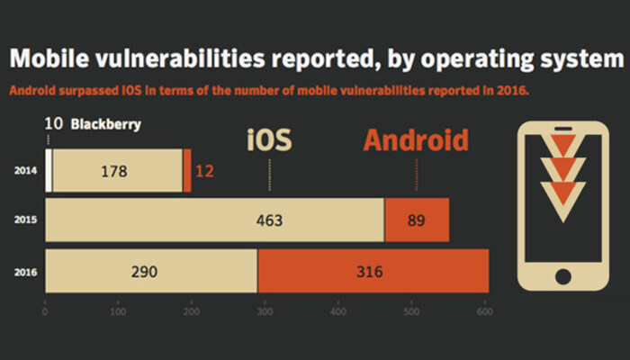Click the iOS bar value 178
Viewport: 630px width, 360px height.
[117, 169]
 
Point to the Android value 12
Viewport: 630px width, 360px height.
[204, 169]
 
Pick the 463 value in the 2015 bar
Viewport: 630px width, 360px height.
[269, 220]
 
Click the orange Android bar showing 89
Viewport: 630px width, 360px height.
[416, 220]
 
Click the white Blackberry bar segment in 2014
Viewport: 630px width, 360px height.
[49, 169]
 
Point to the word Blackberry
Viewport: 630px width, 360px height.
[105, 124]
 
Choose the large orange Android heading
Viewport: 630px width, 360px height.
[416, 140]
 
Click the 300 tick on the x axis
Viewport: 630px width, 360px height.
[265, 312]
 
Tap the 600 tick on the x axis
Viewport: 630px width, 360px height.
[485, 312]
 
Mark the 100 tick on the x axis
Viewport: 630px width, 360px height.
[117, 312]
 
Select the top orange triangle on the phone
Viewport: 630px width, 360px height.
[563, 145]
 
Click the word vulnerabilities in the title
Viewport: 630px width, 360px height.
[166, 59]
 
